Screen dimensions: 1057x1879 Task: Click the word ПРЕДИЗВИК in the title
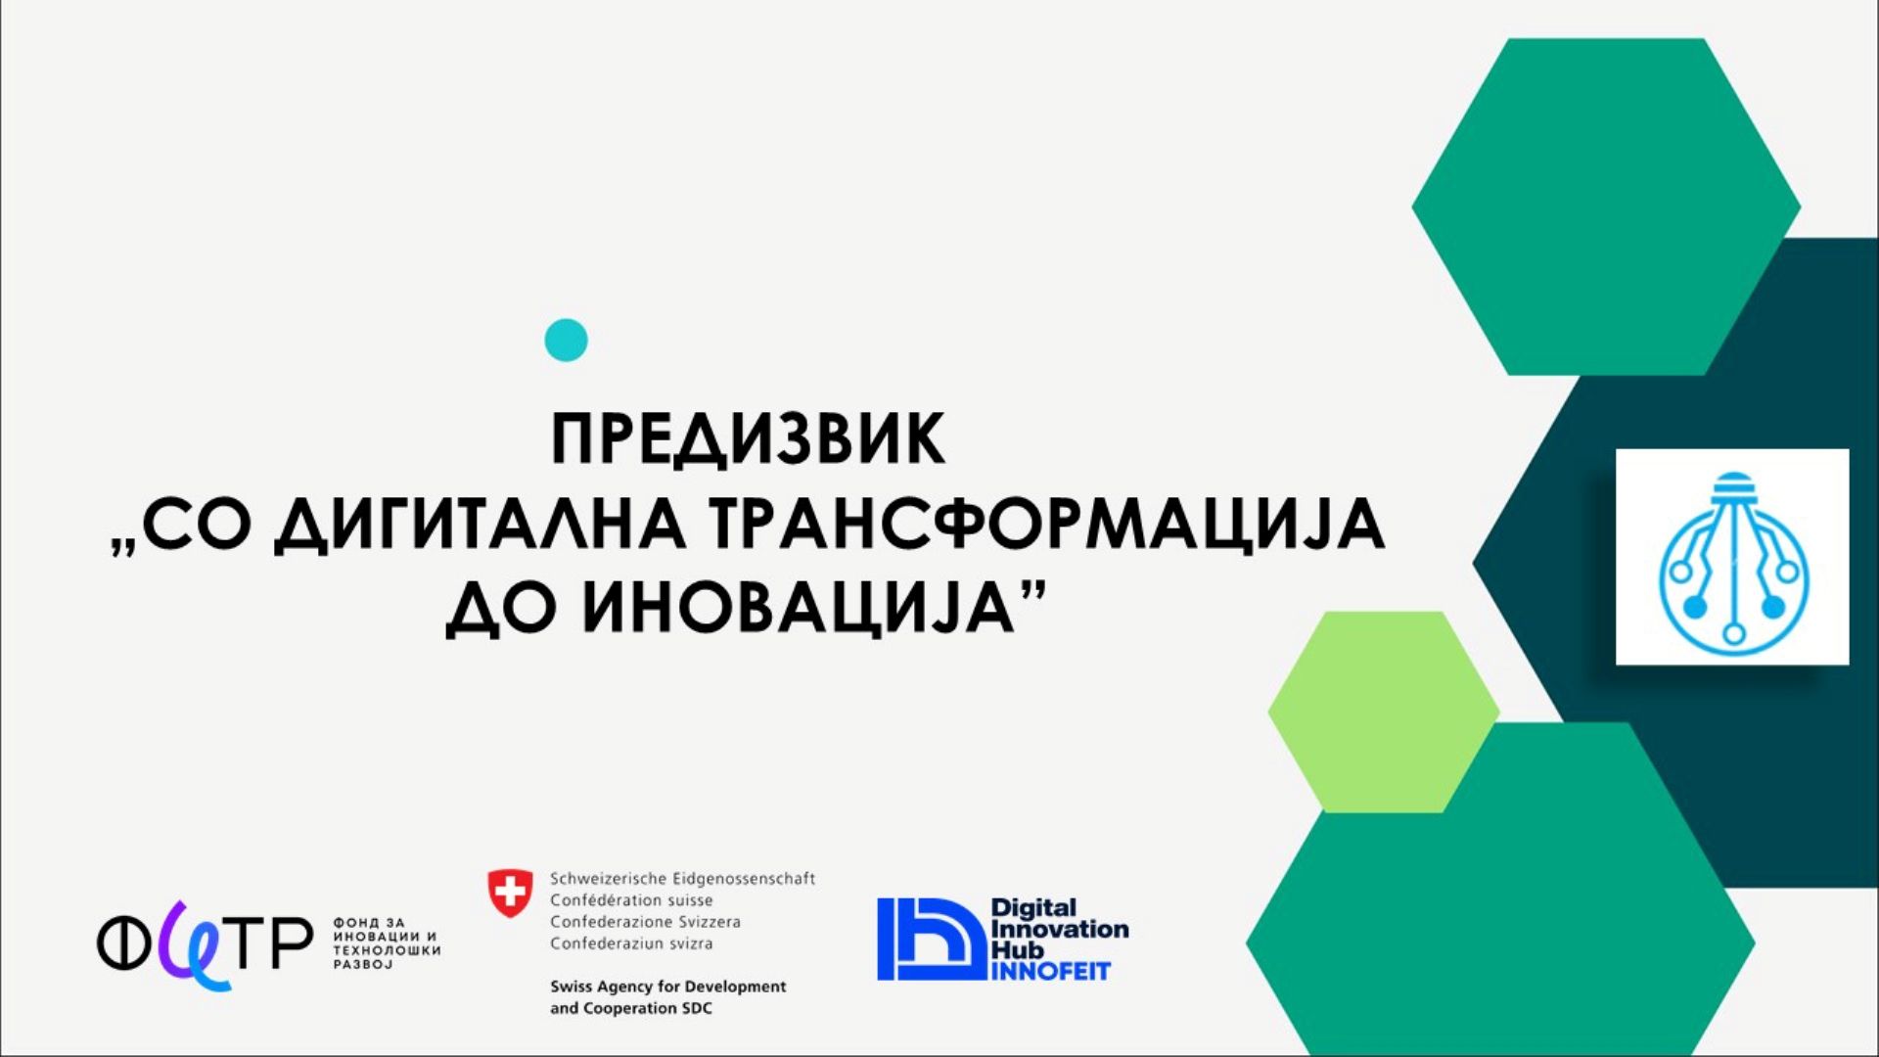click(748, 440)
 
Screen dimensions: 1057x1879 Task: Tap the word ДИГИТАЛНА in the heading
click(480, 526)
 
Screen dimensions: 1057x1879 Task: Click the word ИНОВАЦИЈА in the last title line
click(798, 609)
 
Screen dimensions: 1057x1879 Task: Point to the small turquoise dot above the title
click(566, 341)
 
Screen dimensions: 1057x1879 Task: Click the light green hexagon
click(1382, 712)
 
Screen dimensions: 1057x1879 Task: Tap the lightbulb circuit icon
click(1732, 558)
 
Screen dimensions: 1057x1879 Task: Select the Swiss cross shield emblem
click(510, 894)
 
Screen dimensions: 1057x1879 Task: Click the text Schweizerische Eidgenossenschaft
click(682, 879)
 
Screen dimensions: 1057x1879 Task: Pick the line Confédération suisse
click(631, 900)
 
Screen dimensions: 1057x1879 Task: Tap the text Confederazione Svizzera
click(645, 922)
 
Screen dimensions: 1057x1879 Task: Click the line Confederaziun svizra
click(631, 943)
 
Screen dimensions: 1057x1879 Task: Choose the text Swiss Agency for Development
click(667, 987)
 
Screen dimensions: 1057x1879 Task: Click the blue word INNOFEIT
click(1051, 972)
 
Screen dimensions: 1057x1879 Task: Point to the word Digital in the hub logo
click(1033, 908)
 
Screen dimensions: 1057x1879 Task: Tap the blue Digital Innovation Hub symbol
click(930, 940)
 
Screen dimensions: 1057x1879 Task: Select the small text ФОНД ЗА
click(369, 923)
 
